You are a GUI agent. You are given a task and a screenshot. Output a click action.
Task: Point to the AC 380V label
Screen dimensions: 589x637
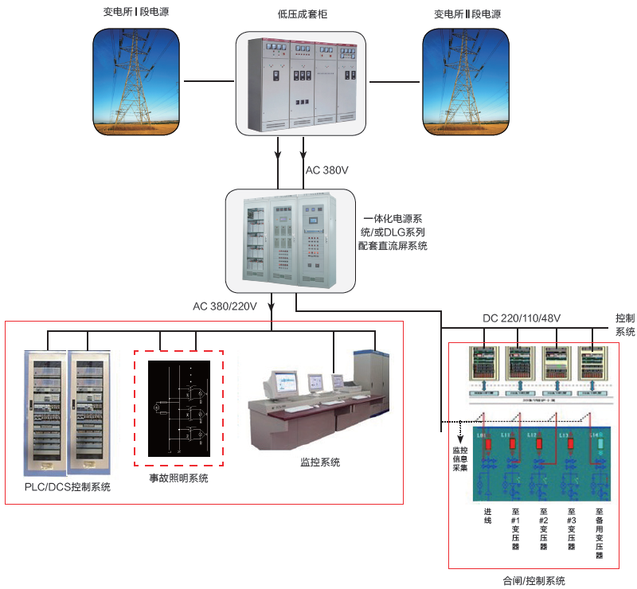[326, 171]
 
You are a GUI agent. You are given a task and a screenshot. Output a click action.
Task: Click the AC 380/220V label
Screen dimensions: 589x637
[224, 306]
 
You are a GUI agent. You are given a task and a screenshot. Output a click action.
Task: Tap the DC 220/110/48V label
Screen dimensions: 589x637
[521, 318]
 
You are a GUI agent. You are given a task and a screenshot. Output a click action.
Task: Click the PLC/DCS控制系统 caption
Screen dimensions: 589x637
[68, 487]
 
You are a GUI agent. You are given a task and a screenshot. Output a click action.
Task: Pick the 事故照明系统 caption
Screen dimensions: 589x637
[178, 478]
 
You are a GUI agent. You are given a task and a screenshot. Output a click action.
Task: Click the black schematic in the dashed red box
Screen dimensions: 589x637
[178, 407]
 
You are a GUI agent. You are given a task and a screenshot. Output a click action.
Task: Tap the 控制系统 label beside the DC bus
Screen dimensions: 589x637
[625, 324]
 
